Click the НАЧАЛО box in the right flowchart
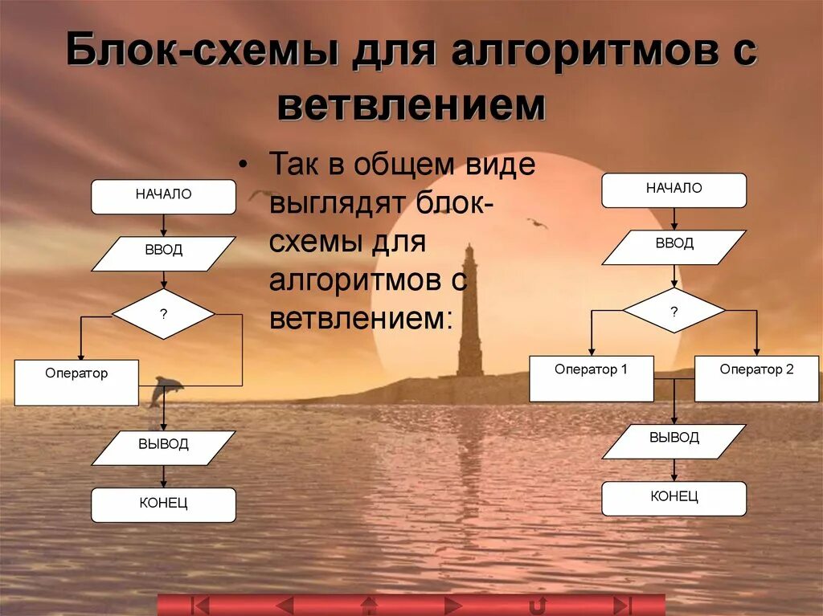point(674,190)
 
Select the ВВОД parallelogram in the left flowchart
point(163,253)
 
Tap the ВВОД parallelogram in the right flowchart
point(674,247)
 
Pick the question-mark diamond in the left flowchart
point(163,314)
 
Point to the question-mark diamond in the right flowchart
point(674,311)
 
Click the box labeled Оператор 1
point(591,378)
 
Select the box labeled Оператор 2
point(756,378)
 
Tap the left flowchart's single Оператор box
point(76,382)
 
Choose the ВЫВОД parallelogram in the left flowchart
point(163,447)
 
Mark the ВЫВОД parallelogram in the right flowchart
point(674,441)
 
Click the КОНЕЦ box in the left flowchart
point(163,505)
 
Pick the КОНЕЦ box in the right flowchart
point(674,499)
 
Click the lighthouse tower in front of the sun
point(470,321)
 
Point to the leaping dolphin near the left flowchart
point(165,389)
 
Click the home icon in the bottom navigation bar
point(369,605)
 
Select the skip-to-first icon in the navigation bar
point(200,605)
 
